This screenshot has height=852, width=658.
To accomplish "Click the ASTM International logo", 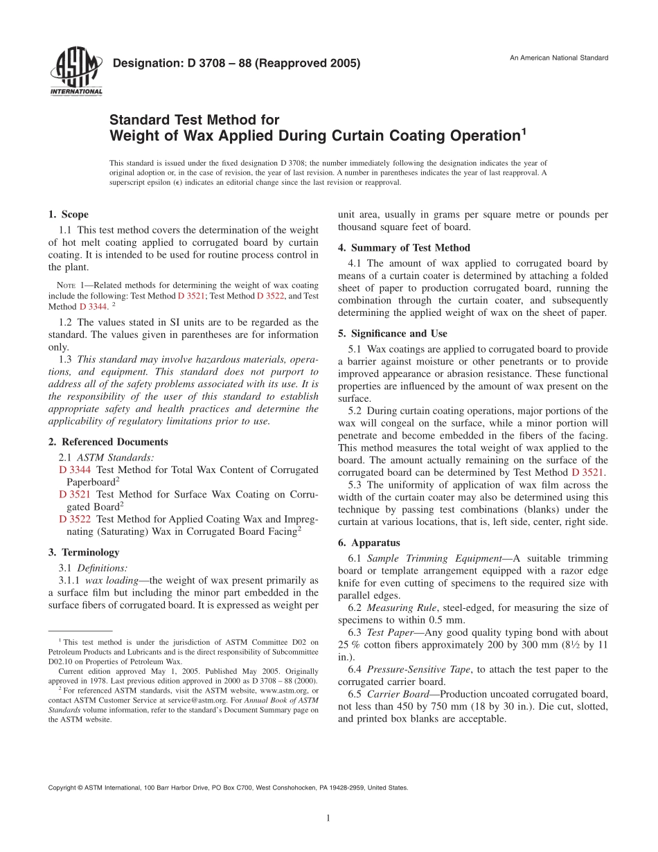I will coord(76,73).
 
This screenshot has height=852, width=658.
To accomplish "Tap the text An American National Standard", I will coord(559,57).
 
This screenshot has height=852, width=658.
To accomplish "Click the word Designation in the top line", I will coord(146,64).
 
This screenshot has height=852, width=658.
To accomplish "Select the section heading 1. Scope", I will coord(68,215).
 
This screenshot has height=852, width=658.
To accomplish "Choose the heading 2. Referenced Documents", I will coord(107,442).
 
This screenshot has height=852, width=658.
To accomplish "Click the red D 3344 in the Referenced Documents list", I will coord(73,470).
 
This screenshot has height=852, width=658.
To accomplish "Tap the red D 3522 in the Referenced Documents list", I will coord(73,518).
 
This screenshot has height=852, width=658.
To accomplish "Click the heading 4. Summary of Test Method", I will coord(404,248).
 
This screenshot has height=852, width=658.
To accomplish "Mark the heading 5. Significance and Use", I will coord(392,334).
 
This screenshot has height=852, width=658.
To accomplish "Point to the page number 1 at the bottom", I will coord(328,818).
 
